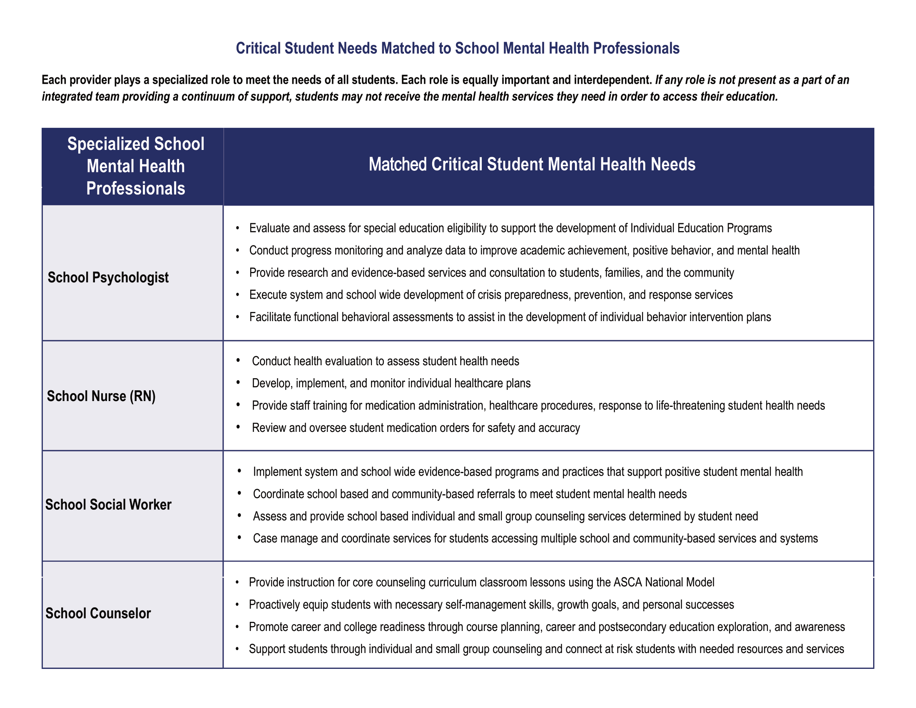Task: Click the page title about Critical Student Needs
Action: click(458, 48)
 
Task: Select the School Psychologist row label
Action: click(108, 277)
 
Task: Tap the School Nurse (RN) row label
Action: click(101, 396)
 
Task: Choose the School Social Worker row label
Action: click(108, 504)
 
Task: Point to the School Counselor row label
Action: click(98, 613)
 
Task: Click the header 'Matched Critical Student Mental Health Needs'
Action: click(532, 165)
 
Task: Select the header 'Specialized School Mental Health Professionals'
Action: click(135, 166)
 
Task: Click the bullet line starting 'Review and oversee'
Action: click(416, 428)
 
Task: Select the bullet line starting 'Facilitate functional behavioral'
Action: click(510, 317)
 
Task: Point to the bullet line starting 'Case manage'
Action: click(535, 538)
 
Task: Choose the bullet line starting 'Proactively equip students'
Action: click(491, 605)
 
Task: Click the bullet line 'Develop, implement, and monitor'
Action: click(391, 383)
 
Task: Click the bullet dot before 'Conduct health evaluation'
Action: click(238, 360)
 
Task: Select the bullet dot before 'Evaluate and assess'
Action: click(238, 228)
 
